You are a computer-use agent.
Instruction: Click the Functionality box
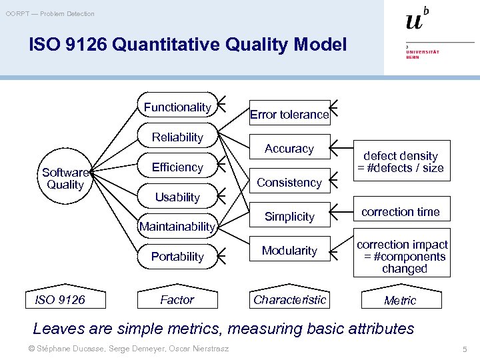coord(177,107)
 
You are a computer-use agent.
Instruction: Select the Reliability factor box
coord(177,137)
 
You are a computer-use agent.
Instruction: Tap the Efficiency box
coord(177,167)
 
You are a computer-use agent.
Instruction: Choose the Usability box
coord(177,197)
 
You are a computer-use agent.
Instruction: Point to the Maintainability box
coord(177,227)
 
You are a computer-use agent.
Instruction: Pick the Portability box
coord(177,257)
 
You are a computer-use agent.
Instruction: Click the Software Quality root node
coord(65,179)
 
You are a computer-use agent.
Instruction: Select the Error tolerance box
coord(289,115)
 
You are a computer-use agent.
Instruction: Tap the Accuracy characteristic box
coord(289,149)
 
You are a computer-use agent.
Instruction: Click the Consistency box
coord(289,183)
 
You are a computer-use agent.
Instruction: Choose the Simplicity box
coord(289,217)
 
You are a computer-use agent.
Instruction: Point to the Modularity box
coord(289,251)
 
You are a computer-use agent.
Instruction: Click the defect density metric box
coord(401,161)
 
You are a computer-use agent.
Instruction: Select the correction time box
coord(401,212)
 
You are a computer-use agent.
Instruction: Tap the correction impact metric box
coord(402,257)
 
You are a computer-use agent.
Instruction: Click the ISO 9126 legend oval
coord(60,300)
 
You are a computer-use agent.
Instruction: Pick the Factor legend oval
coord(177,300)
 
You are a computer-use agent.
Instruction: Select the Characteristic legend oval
coord(290,300)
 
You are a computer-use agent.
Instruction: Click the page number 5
coord(464,349)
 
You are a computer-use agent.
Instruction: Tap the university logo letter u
coord(414,21)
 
